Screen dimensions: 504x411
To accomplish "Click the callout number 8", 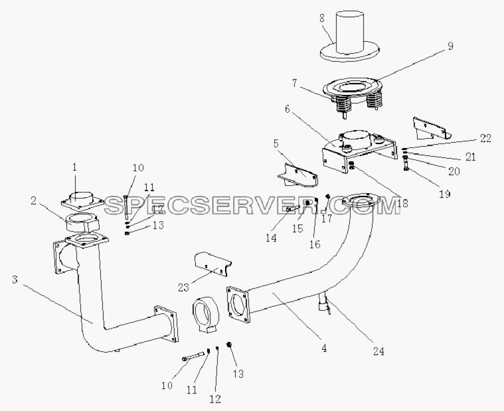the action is [x=322, y=19].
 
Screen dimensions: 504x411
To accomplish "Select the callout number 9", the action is [x=450, y=46].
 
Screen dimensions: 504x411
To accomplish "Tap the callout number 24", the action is [x=378, y=351].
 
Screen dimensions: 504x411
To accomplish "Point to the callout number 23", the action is [x=183, y=287].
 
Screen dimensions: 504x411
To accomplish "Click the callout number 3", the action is [x=15, y=280].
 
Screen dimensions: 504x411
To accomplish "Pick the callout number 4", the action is [x=324, y=348].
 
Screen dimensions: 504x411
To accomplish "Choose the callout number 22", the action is [x=485, y=138].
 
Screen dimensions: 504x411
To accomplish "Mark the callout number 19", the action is [x=444, y=194].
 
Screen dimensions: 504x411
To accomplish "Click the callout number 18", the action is [x=402, y=203].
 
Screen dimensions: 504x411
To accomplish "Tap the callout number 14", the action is [x=271, y=238].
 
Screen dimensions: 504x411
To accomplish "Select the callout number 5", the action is [x=276, y=143].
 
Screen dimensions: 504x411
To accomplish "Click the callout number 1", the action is [x=74, y=167].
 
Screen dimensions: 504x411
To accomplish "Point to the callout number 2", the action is [x=33, y=201].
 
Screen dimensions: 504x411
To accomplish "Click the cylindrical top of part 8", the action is [x=350, y=32].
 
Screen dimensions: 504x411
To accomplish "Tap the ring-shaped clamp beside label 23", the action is [x=206, y=313].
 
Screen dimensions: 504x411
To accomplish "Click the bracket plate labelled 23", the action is [x=213, y=264].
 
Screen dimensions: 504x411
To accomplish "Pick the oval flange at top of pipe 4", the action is [x=361, y=201].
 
